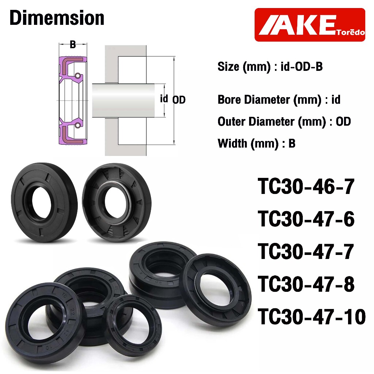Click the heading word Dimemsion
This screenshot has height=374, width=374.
pos(57,18)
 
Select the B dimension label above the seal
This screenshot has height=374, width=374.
pos(73,44)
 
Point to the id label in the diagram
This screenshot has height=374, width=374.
pos(164,99)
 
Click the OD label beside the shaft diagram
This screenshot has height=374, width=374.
pos(179,100)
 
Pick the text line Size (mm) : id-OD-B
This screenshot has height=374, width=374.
pos(270,66)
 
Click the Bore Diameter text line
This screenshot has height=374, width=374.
pos(279,100)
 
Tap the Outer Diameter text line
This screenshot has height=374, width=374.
pos(284,122)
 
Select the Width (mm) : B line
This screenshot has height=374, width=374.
pos(256,144)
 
